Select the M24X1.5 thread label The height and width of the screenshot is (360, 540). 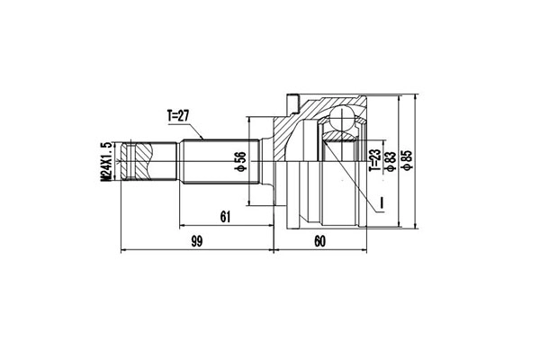point(105,163)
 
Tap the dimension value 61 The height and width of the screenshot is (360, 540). point(225,216)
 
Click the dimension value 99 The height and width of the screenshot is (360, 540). point(197,241)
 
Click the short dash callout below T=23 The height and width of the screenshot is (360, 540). point(382,200)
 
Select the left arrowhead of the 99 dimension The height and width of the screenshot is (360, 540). point(123,249)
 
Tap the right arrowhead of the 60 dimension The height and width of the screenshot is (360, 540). point(364,249)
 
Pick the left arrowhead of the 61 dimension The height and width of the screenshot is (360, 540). point(183,224)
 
